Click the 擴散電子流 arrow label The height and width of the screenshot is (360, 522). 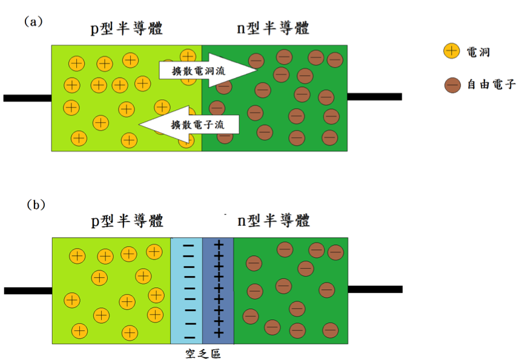pyautogui.click(x=197, y=125)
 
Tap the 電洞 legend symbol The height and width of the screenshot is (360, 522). pyautogui.click(x=451, y=51)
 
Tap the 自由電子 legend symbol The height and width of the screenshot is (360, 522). pyautogui.click(x=452, y=85)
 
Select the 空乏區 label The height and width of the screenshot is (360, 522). pyautogui.click(x=202, y=353)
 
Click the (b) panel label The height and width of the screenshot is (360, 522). pyautogui.click(x=36, y=205)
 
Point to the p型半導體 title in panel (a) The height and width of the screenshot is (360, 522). pyautogui.click(x=127, y=28)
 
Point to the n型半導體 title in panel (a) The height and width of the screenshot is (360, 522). pyautogui.click(x=273, y=28)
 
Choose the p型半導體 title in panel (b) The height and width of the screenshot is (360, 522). pyautogui.click(x=127, y=221)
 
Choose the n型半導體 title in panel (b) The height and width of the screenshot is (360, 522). pyautogui.click(x=274, y=221)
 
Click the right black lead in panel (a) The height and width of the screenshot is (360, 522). pyautogui.click(x=374, y=97)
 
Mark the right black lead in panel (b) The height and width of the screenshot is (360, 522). pyautogui.click(x=375, y=289)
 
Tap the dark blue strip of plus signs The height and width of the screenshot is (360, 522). pyautogui.click(x=218, y=291)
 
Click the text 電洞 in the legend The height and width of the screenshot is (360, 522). pyautogui.click(x=478, y=52)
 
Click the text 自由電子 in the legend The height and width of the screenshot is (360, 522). pyautogui.click(x=491, y=85)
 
